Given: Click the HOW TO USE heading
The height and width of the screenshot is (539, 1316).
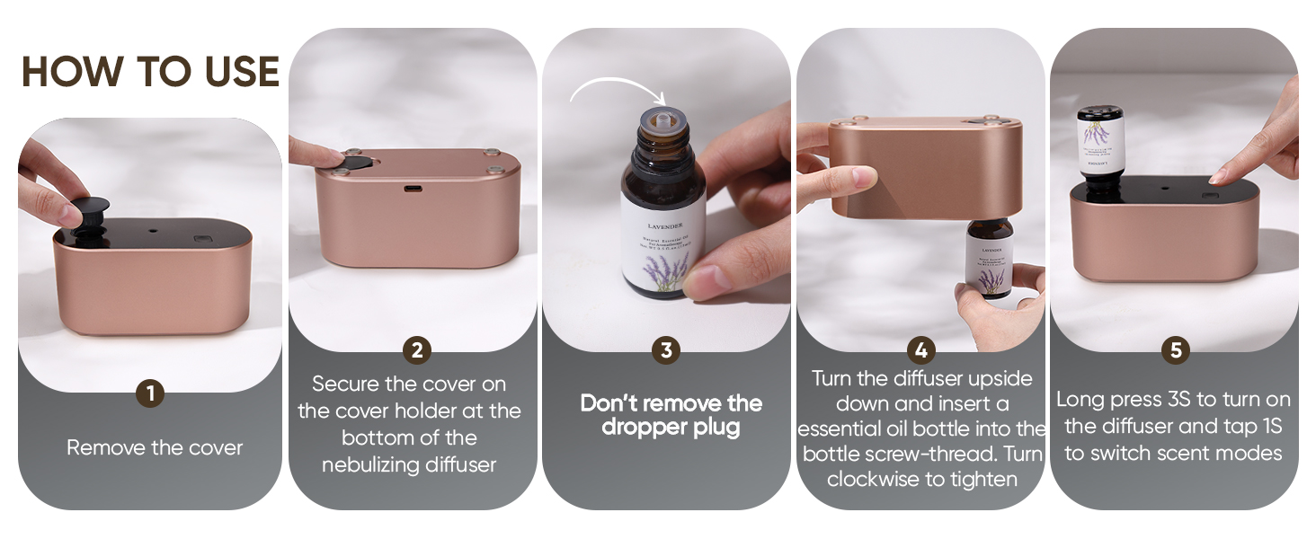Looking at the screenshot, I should tap(150, 72).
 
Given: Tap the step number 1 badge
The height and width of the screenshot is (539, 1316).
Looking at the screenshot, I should tap(150, 393).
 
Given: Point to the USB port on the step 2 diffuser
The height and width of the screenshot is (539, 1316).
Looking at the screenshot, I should tap(413, 190).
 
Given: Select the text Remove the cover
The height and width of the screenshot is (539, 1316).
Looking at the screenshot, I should tap(155, 447).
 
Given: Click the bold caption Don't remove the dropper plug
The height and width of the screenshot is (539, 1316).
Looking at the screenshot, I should tap(671, 414).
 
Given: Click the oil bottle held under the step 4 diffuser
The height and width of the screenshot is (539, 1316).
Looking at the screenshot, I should tap(989, 261).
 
